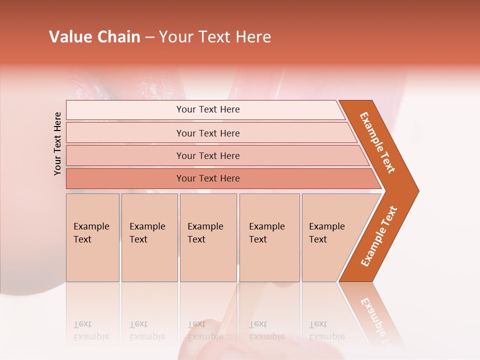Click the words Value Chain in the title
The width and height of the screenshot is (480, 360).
94,37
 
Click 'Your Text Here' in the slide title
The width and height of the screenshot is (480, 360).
215,37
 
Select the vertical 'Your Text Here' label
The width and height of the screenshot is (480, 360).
58,143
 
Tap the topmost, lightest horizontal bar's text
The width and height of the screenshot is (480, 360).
208,109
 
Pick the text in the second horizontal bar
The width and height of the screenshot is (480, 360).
208,133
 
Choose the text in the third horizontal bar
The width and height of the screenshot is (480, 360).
208,156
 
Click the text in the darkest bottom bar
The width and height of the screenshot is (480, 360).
208,178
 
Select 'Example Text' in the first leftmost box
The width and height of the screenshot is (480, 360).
91,233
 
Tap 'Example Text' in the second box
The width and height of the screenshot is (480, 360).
147,233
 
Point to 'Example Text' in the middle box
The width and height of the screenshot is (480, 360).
205,233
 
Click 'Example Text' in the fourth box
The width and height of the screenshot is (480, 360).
266,233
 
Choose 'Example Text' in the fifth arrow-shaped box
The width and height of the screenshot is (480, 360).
326,233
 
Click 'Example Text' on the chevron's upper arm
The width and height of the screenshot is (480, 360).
377,142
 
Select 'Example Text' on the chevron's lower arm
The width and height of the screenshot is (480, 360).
379,236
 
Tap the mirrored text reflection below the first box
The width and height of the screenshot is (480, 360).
91,331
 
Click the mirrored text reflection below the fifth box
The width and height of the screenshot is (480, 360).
326,331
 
